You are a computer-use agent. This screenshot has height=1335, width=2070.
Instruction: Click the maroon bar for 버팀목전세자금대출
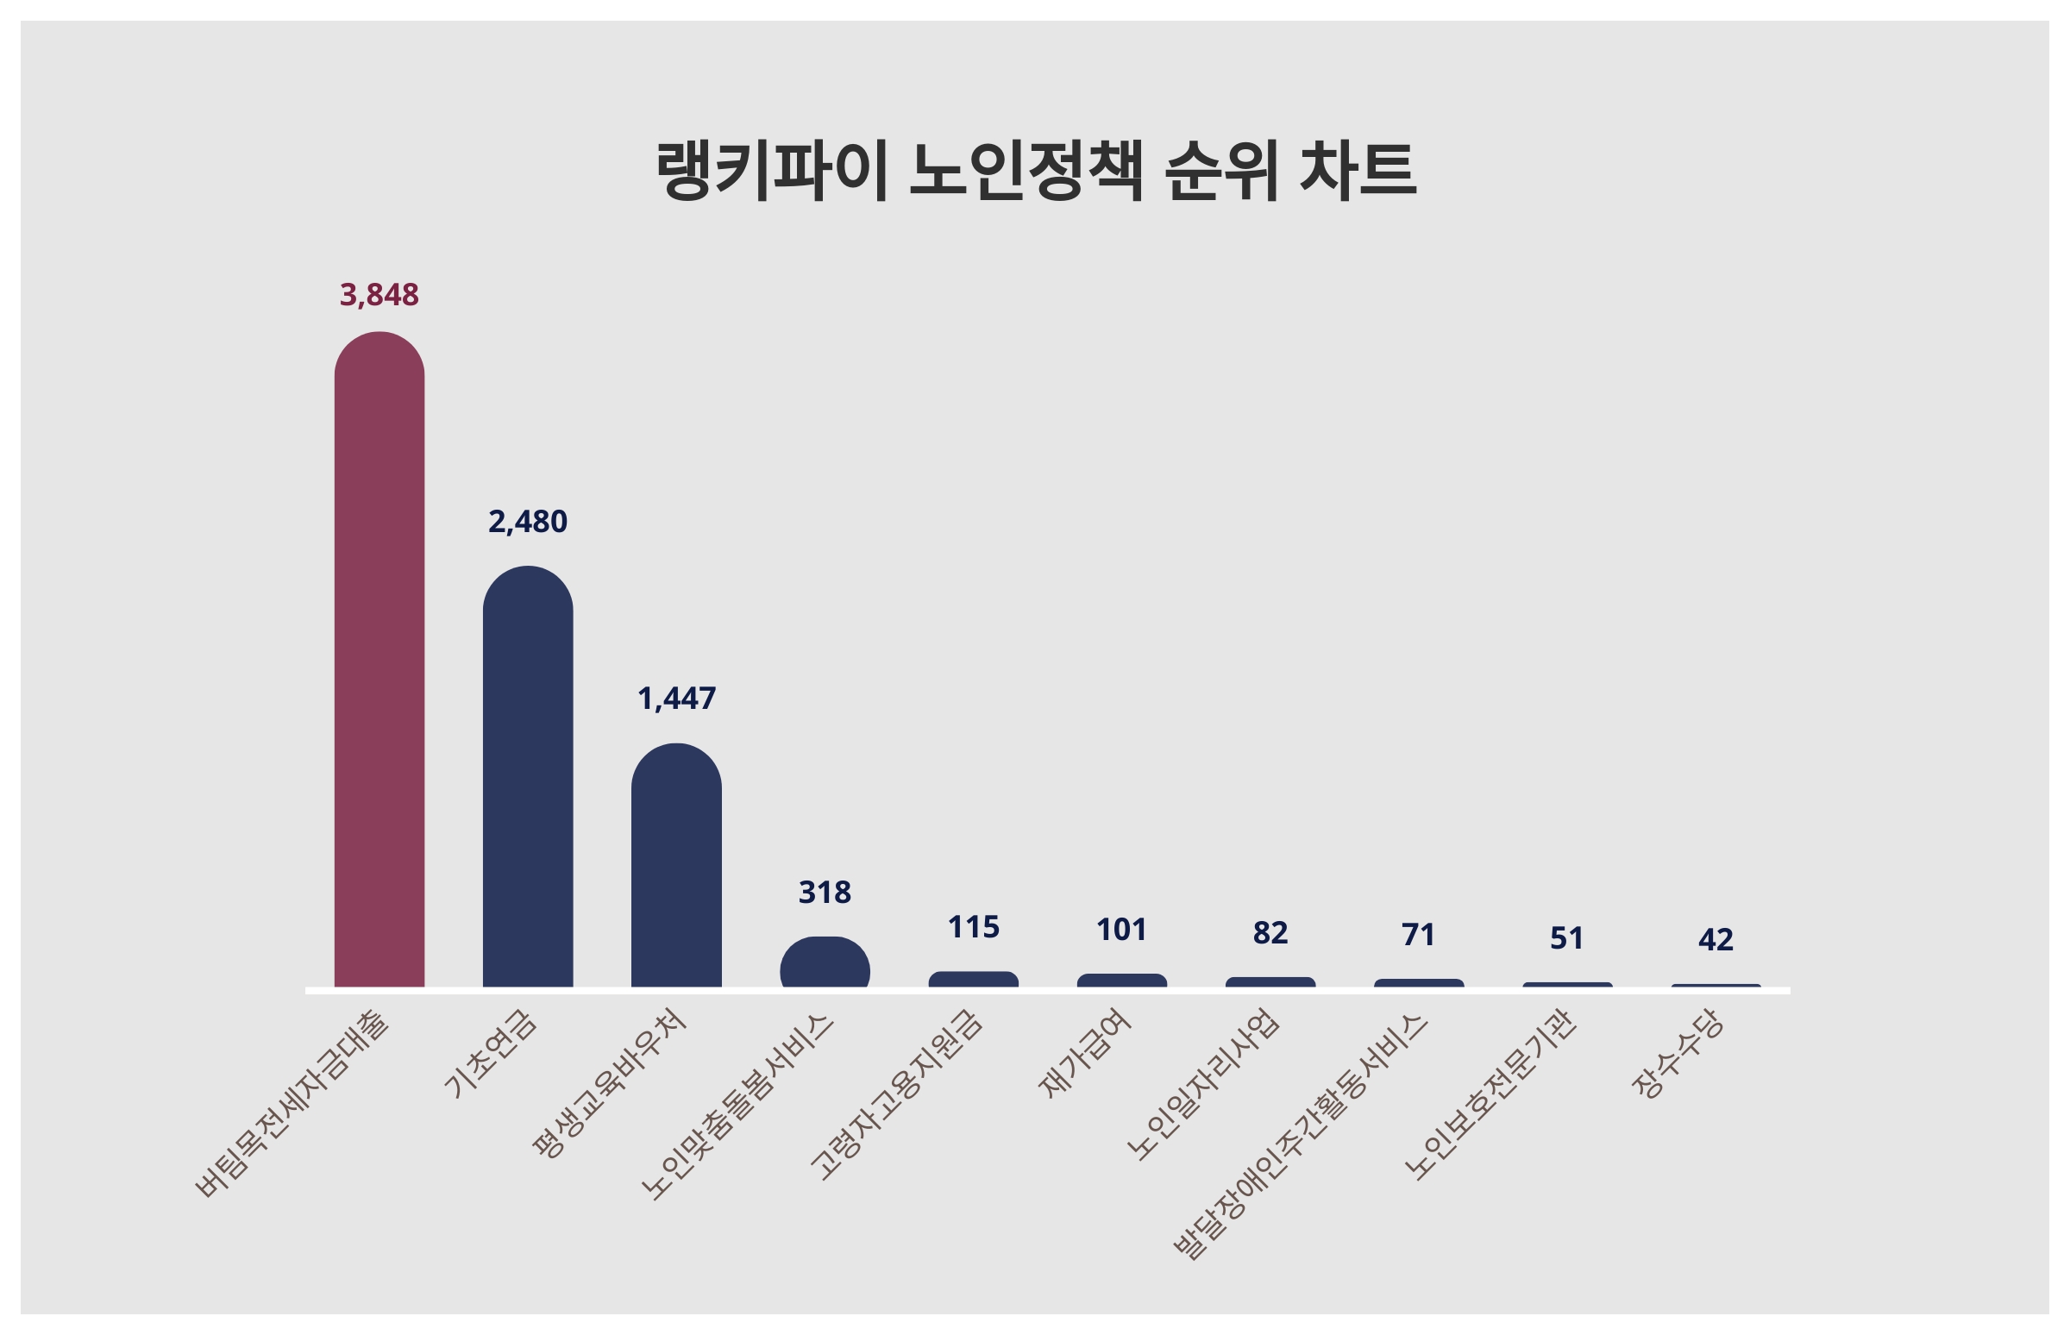tap(379, 659)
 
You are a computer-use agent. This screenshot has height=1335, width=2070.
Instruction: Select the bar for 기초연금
tap(527, 777)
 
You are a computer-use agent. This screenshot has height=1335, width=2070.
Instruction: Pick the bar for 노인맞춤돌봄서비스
tap(825, 963)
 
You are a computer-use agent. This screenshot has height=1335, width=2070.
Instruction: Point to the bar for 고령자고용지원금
tap(974, 980)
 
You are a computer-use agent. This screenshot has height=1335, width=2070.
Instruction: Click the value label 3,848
tap(379, 296)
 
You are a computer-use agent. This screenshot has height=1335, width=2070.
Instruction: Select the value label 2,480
tap(527, 522)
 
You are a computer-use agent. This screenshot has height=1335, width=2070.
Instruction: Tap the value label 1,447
tap(676, 699)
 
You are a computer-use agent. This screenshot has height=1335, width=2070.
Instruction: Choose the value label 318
tap(825, 892)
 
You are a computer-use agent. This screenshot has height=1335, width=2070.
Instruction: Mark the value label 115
tap(974, 928)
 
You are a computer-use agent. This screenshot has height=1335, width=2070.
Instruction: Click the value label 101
tap(1122, 931)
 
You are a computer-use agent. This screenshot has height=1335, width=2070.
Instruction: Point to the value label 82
tap(1270, 933)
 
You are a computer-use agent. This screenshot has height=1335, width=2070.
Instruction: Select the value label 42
tap(1716, 940)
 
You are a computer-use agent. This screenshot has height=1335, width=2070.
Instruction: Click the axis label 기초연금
tap(491, 1054)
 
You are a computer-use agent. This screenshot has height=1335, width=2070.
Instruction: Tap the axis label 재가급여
tap(1084, 1054)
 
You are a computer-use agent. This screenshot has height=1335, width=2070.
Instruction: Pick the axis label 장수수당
tap(1678, 1054)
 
